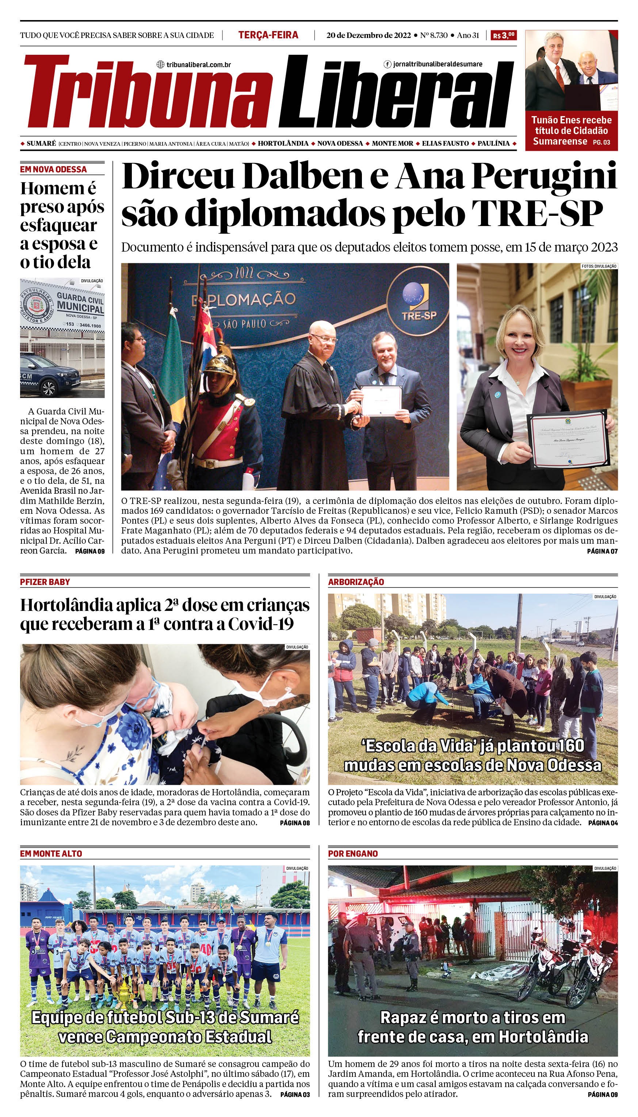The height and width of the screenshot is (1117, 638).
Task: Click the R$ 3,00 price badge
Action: click(504, 35)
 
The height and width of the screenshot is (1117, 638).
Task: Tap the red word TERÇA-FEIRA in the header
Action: click(268, 35)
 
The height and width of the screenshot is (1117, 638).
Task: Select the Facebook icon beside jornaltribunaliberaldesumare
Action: click(387, 64)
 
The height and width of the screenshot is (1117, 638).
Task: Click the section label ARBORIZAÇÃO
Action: click(356, 582)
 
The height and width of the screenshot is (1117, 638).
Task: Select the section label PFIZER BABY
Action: click(45, 582)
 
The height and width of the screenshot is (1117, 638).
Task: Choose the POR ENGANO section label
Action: click(353, 853)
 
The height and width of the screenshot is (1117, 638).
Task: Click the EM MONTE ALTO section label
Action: click(51, 853)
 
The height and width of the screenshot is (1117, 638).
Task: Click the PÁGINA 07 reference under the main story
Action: click(602, 551)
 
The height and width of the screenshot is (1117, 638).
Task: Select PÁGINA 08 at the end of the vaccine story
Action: click(294, 823)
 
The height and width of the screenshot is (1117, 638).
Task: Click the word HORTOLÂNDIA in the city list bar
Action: click(283, 144)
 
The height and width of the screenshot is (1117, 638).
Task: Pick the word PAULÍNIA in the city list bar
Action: click(493, 144)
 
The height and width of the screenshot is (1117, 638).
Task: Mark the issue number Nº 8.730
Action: click(433, 35)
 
